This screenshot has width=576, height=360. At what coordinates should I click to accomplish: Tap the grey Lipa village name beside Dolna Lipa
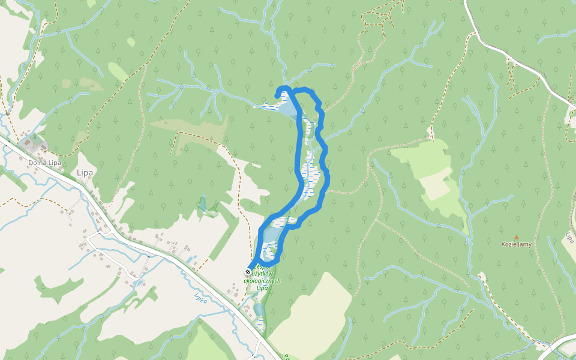pos(85,173)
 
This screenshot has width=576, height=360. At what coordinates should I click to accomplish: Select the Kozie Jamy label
pos(517,244)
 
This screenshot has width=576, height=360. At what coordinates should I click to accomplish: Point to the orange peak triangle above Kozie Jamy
pos(516,237)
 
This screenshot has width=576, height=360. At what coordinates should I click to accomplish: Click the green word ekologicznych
pos(258,280)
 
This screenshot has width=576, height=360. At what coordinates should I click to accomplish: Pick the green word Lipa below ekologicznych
pos(262,288)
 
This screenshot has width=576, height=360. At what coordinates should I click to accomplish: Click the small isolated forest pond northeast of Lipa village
pos(203,203)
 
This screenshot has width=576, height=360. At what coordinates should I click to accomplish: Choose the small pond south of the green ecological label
pos(258,310)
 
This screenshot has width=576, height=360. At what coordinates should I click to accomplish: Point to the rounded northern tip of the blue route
pos(280,91)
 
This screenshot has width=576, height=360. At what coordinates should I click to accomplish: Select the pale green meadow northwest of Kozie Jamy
pos(429,174)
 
